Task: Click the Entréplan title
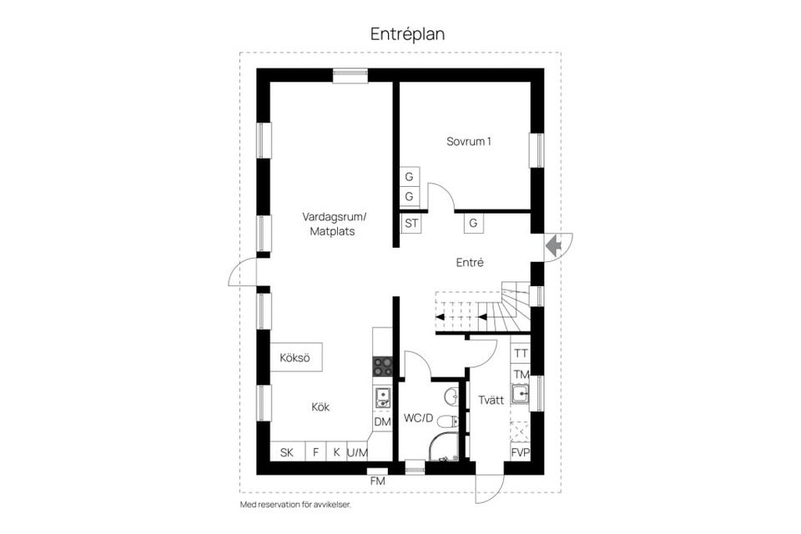coord(409,34)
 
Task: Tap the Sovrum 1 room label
coord(468,142)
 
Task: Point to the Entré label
coord(470,262)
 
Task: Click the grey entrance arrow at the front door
coord(552,246)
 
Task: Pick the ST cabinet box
coord(411,223)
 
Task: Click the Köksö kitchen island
coord(295,358)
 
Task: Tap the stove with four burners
coord(382,365)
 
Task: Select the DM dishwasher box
coord(382,422)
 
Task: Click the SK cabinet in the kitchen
coord(287,453)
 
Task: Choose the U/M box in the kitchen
coord(357,453)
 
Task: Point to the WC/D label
coord(418,418)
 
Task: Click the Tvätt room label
coord(491,400)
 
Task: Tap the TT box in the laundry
coord(521,354)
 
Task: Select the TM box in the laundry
coord(521,374)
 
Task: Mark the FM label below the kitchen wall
coord(378,481)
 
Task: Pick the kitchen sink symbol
coord(383,396)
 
